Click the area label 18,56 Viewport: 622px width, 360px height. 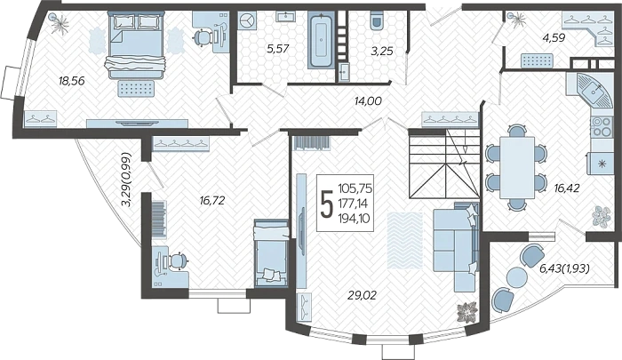(71, 81)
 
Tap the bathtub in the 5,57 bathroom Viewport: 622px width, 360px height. (321, 40)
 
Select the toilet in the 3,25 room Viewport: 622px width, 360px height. (377, 20)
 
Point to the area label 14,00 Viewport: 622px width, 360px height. (368, 101)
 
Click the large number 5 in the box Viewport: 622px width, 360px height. (327, 204)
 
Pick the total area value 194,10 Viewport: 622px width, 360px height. (354, 218)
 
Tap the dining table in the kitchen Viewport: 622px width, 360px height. (516, 167)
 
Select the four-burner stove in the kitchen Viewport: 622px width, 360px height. (601, 126)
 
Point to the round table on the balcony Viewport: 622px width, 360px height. (517, 277)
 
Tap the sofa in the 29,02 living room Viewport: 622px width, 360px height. (456, 246)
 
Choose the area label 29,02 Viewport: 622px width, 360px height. (362, 295)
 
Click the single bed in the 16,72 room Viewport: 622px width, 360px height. (271, 252)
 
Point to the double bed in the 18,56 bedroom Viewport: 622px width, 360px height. (135, 44)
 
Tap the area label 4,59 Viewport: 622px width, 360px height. (554, 38)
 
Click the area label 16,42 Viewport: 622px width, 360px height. (567, 188)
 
